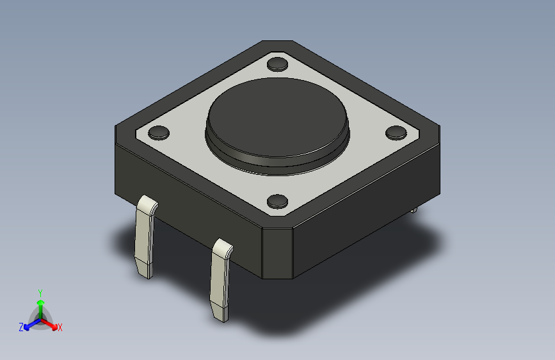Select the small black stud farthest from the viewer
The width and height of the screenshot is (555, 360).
click(x=277, y=63)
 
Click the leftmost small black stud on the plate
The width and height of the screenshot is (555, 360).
click(x=158, y=133)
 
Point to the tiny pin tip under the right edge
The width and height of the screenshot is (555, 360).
click(x=414, y=209)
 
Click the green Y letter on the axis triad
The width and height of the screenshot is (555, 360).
click(x=40, y=291)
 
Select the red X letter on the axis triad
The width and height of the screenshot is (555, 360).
click(x=60, y=328)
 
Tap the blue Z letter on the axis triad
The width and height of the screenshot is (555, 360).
click(x=21, y=327)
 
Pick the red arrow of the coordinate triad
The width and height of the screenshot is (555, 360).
click(x=51, y=323)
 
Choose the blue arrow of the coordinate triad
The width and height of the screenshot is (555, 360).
click(x=29, y=324)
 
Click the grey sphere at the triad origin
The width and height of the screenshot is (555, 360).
click(x=40, y=318)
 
